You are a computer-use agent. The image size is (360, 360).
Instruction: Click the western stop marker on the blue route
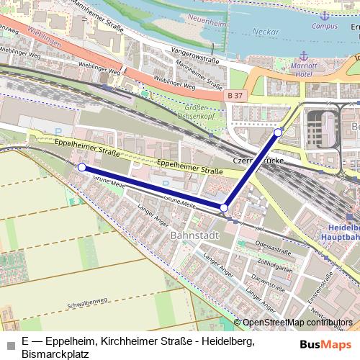click(81, 167)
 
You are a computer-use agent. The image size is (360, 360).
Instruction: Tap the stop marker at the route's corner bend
click(224, 207)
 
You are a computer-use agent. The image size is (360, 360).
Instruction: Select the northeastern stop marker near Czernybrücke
click(279, 132)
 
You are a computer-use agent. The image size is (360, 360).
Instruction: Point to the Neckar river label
click(267, 32)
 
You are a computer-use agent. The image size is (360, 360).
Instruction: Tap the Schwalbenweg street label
click(84, 303)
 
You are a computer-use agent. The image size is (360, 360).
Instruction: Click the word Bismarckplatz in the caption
click(55, 354)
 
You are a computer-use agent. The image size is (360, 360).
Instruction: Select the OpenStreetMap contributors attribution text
click(296, 323)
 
